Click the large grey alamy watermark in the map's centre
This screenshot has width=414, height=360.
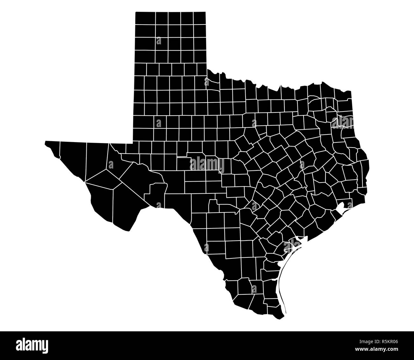coord(207,164)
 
